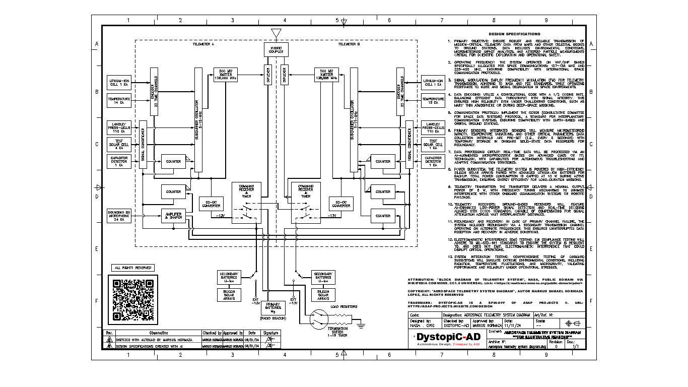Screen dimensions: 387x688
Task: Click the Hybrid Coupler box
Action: [276, 49]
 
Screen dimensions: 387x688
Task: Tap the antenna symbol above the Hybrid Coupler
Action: [276, 33]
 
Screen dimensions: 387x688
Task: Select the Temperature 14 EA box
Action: [119, 100]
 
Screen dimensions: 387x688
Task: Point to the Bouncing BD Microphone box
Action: [119, 215]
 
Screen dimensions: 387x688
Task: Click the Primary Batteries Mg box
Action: [272, 308]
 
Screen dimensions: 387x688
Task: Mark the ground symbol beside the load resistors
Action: [361, 326]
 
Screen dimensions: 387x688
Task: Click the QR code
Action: [133, 300]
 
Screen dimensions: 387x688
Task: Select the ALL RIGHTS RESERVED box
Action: [132, 268]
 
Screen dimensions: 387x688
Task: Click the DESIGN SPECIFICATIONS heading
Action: [515, 34]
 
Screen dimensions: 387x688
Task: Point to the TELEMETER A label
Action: [203, 44]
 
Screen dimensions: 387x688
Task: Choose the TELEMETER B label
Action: [349, 44]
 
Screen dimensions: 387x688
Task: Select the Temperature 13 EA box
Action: [433, 100]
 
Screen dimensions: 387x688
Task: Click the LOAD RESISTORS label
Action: [343, 306]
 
